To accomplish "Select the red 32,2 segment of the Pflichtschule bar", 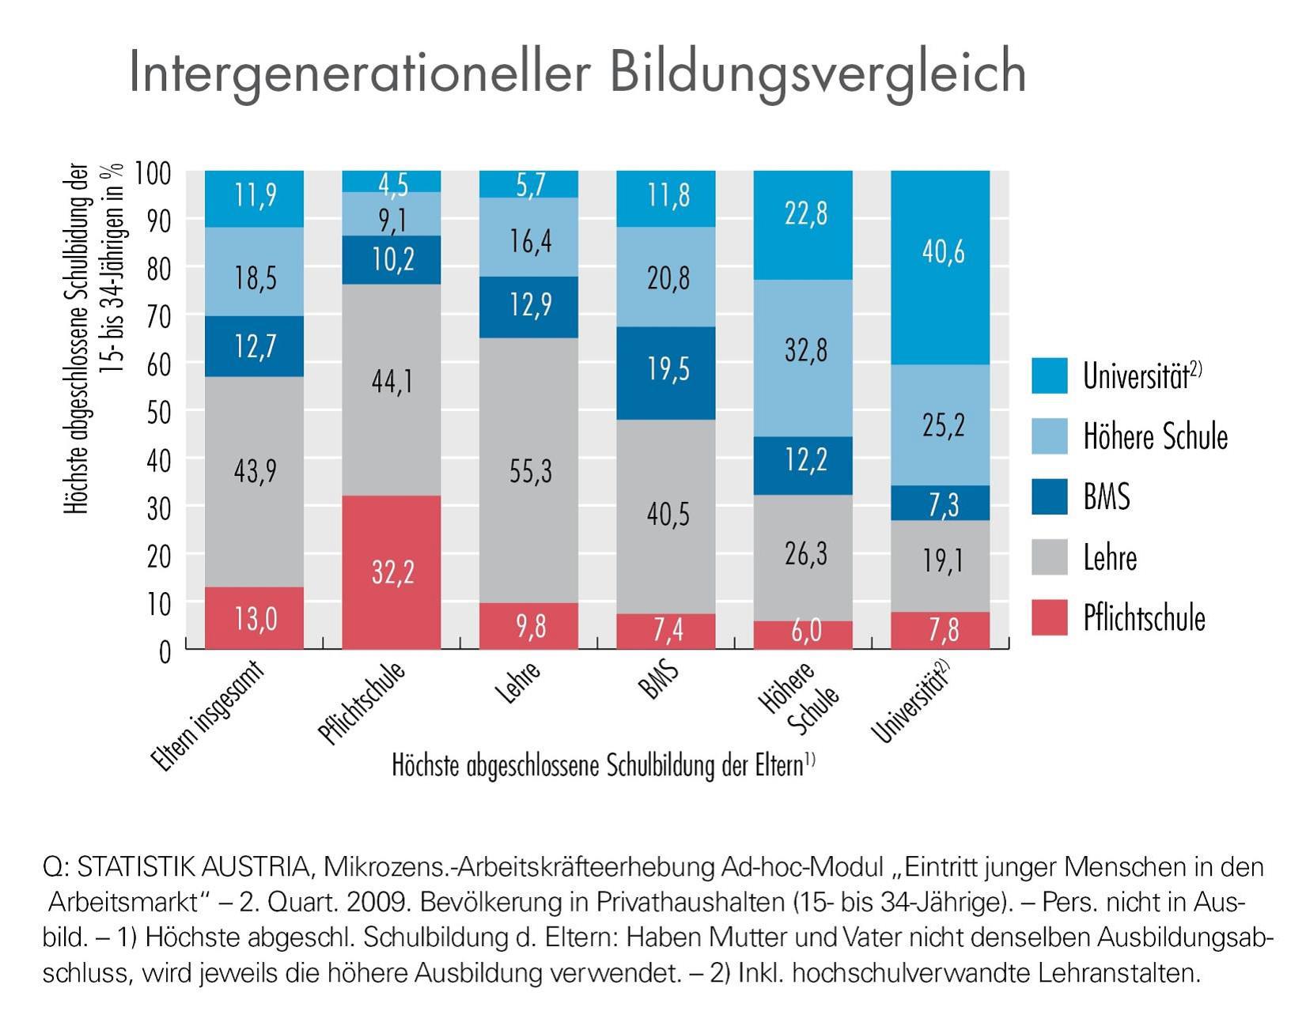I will pos(392,572).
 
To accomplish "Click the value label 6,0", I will pos(805,630).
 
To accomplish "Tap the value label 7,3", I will pos(943,504).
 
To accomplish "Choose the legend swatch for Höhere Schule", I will pos(1049,436).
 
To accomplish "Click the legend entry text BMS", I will pos(1106,497).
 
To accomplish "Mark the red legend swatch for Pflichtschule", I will pos(1049,617).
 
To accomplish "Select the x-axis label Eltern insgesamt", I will pos(207,715).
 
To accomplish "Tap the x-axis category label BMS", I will pos(661,681).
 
